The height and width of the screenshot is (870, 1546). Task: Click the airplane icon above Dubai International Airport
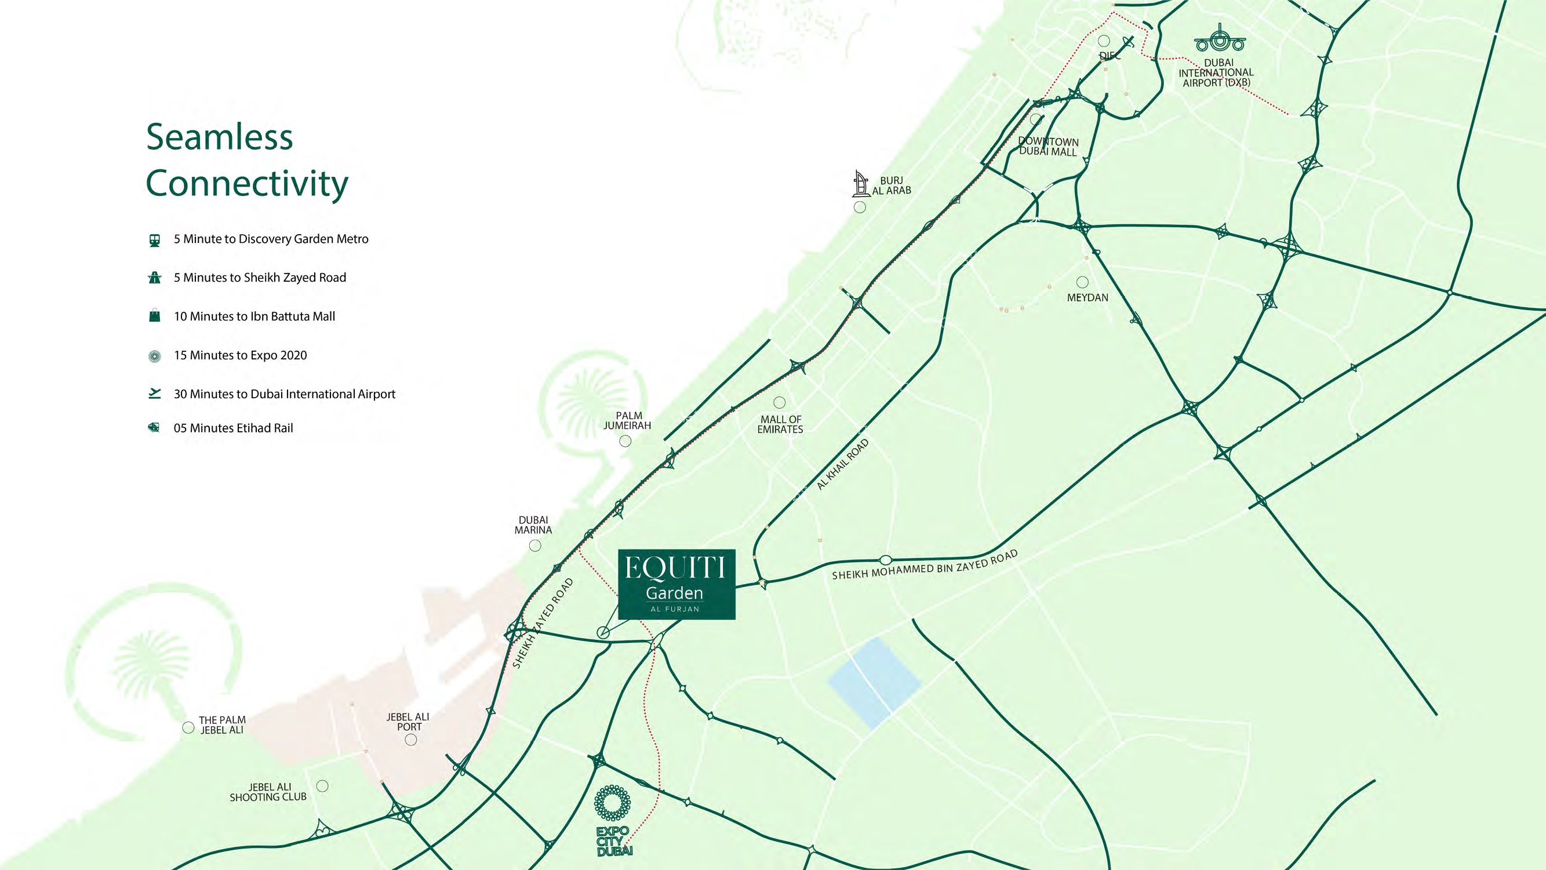(x=1219, y=39)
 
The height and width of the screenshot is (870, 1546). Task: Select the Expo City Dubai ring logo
(x=612, y=803)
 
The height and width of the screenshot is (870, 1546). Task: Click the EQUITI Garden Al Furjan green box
(x=676, y=584)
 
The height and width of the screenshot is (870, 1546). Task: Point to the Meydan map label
(x=1087, y=297)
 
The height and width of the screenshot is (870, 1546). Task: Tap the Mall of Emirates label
(x=780, y=424)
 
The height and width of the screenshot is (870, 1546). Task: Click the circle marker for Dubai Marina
(x=534, y=545)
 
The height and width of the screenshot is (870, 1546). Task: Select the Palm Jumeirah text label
(x=628, y=420)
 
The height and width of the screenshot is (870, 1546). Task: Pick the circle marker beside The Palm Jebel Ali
(x=188, y=727)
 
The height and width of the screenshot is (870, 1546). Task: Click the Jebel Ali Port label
(x=408, y=721)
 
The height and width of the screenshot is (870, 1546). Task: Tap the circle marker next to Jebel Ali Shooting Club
(x=322, y=786)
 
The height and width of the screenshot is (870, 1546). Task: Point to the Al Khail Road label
(x=843, y=464)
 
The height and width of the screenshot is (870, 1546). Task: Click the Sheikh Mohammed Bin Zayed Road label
(x=924, y=565)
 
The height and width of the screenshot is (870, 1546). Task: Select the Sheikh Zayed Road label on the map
(x=543, y=623)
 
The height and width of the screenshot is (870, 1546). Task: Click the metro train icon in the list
(x=155, y=240)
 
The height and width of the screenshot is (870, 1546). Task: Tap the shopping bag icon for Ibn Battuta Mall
(x=155, y=316)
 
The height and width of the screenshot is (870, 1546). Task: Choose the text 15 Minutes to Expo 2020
(x=240, y=355)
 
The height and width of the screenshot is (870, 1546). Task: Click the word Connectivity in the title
(x=247, y=183)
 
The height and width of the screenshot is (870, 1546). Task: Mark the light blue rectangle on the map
(x=874, y=683)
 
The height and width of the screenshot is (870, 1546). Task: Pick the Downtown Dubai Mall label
(x=1048, y=147)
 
